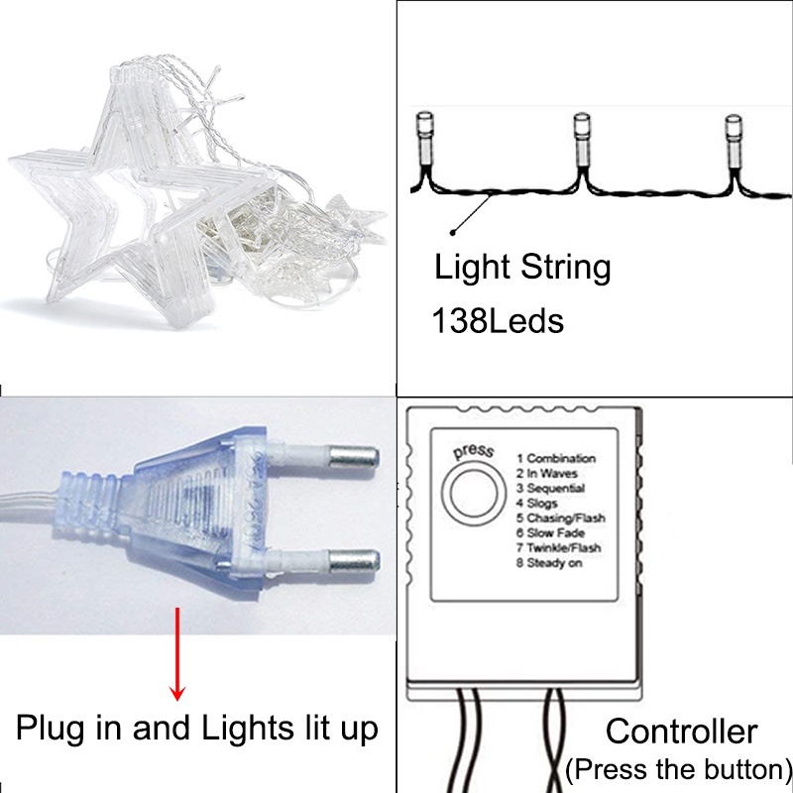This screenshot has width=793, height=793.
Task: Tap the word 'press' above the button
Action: pyautogui.click(x=473, y=452)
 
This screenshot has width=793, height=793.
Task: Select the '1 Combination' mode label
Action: pyautogui.click(x=556, y=459)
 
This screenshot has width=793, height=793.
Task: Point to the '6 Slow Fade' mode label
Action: pyautogui.click(x=552, y=533)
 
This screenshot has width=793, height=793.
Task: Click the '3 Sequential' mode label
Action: pyautogui.click(x=551, y=489)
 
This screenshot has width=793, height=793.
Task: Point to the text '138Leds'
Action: pyautogui.click(x=498, y=320)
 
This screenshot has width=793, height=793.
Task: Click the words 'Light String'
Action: pyautogui.click(x=523, y=268)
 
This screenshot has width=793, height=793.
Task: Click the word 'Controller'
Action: pyautogui.click(x=682, y=733)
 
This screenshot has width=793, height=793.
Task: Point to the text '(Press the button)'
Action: pyautogui.click(x=679, y=769)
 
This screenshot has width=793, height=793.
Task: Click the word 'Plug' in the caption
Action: pyautogui.click(x=48, y=731)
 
